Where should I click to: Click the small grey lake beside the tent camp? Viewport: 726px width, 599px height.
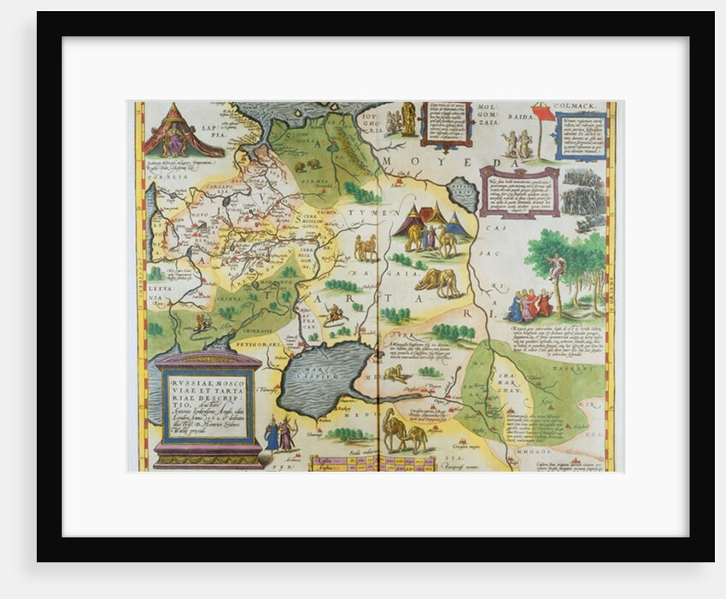[x=464, y=195]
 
